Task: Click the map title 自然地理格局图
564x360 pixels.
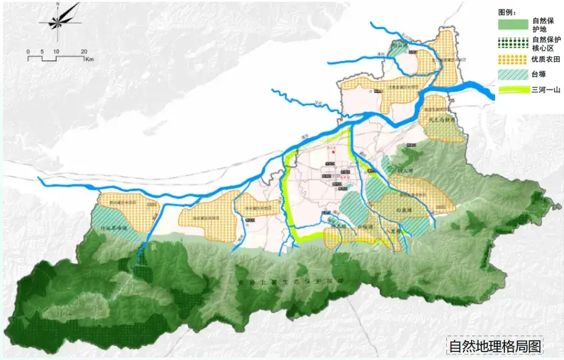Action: pos(494,346)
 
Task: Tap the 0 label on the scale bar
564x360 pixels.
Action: pos(28,51)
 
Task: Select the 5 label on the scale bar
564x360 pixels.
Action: pos(41,51)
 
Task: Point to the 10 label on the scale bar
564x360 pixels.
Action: pos(55,51)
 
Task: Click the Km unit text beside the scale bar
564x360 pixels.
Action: pos(89,59)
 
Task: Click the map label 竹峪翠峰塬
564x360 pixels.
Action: pos(115,228)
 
